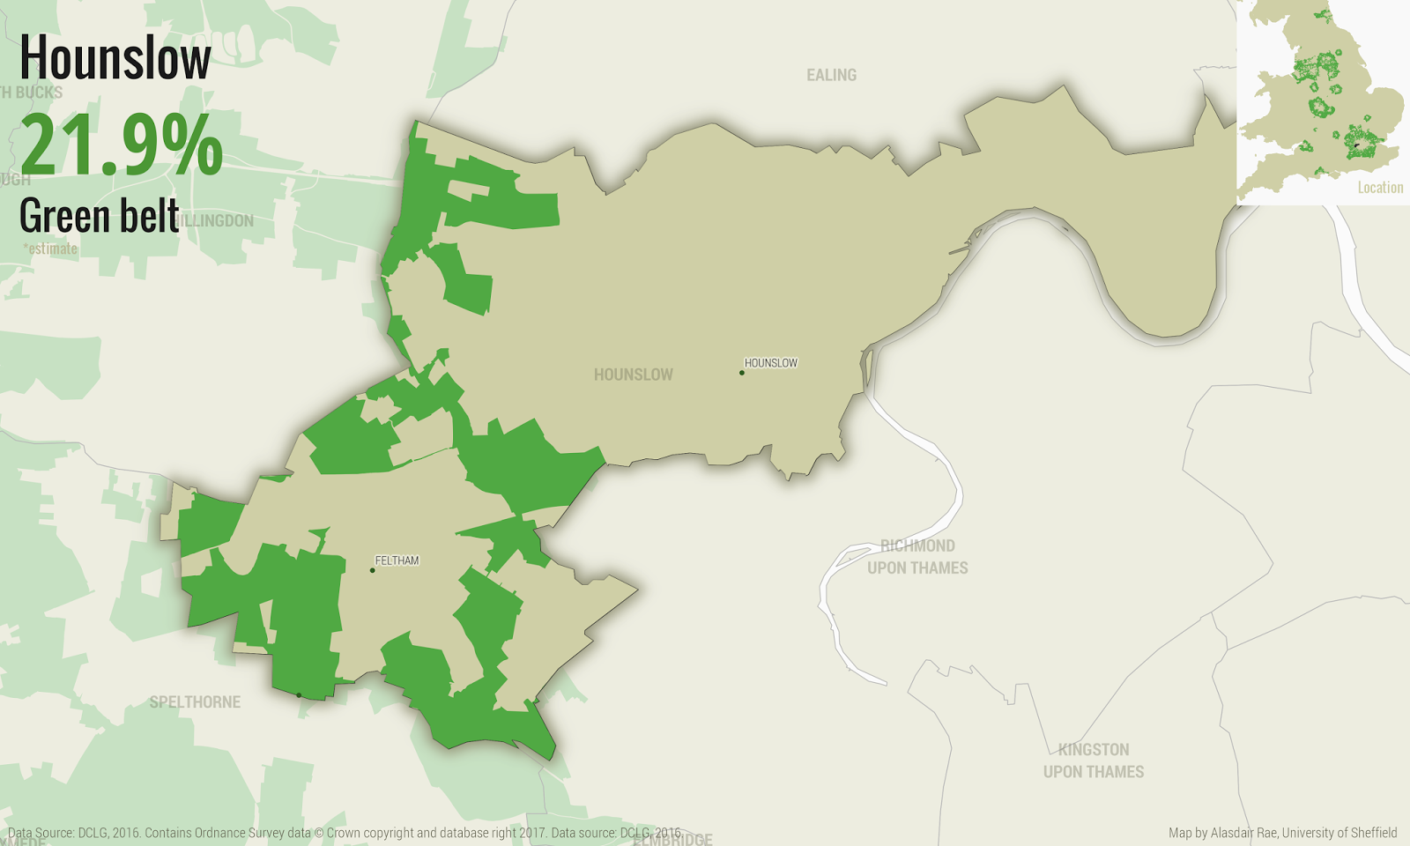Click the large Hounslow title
coord(115,58)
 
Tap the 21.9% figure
coord(122,145)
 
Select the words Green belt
coord(99,216)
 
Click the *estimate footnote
coord(50,249)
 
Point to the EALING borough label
coord(831,75)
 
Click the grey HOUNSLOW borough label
coord(633,375)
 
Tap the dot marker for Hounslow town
coord(742,373)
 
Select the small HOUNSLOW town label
coord(771,362)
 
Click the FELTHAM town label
coord(397,560)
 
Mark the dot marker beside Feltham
coord(373,570)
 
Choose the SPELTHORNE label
coord(195,702)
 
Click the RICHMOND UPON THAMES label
coord(917,557)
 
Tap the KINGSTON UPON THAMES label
coord(1094,761)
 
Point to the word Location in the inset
coord(1380,188)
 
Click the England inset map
coord(1322,97)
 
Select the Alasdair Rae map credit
coord(1282,833)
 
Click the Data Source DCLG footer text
coord(344,833)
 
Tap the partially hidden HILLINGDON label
coord(217,220)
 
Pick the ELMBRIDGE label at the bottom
coord(674,840)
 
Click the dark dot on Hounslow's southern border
coord(299,695)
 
